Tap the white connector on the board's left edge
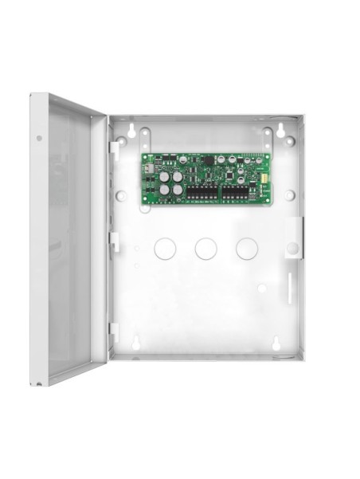[x=146, y=169]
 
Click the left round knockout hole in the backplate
[x=165, y=248]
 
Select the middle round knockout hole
[x=206, y=248]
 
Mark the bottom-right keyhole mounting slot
[x=275, y=344]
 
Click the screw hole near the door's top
[x=39, y=137]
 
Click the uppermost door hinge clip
[x=115, y=149]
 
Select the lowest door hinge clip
[x=114, y=331]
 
